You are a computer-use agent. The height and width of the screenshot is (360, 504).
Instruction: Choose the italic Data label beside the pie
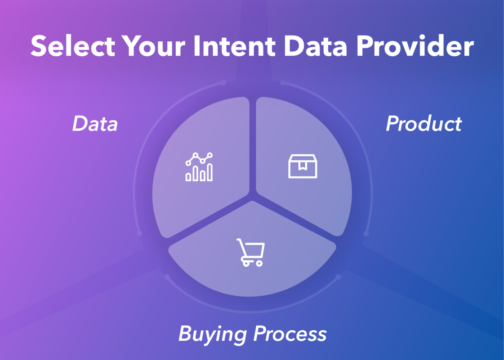[95, 124]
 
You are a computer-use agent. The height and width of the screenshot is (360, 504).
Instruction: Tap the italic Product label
[424, 124]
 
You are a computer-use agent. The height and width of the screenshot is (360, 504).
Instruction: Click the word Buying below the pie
[213, 334]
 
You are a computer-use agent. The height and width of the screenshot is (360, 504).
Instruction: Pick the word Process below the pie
[290, 334]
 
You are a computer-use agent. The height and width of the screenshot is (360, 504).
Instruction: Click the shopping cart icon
[250, 252]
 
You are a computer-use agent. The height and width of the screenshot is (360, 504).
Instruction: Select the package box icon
[302, 166]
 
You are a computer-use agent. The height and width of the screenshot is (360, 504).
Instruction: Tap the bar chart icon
[199, 167]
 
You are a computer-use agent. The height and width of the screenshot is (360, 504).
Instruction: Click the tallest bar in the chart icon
[210, 172]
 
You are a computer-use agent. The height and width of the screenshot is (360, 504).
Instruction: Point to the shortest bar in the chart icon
[188, 177]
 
